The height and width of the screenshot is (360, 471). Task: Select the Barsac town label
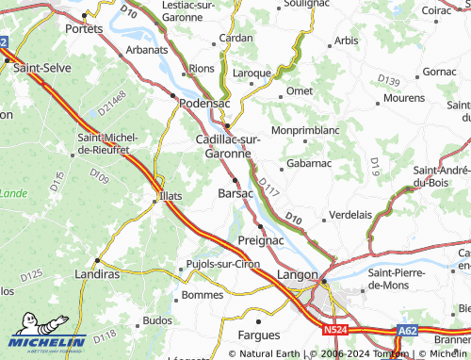coord(235,192)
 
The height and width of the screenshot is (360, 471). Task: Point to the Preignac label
coord(261,240)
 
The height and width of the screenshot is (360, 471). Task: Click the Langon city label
coord(297,274)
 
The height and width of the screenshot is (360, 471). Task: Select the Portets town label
coord(84,28)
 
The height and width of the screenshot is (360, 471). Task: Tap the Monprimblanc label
coord(303,129)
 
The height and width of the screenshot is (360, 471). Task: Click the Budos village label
coord(157,320)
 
